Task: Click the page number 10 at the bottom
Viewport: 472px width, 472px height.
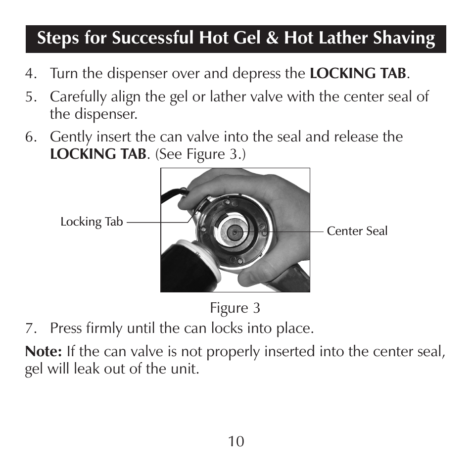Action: coord(236,441)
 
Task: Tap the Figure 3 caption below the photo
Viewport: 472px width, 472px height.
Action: coord(235,308)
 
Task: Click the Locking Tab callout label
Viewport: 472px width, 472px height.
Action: coord(92,222)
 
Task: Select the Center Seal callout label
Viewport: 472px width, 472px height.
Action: coord(357,231)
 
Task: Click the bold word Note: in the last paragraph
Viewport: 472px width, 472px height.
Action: coord(44,352)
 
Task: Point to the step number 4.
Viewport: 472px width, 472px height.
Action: coord(31,74)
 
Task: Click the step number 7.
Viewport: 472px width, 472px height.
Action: coord(31,329)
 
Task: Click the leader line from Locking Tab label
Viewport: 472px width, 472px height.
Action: coord(158,222)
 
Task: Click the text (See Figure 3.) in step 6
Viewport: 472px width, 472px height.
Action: coord(200,154)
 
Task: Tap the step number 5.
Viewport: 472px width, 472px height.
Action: coord(31,97)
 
